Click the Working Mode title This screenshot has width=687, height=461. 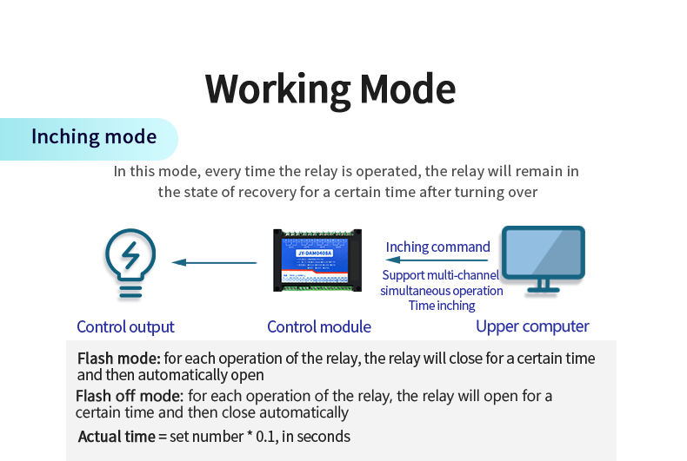point(330,89)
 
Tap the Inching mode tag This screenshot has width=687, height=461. point(94,137)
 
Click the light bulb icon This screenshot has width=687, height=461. point(130,264)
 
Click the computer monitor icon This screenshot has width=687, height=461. point(544,260)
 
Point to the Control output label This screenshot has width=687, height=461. point(125,327)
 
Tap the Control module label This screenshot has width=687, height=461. point(319,327)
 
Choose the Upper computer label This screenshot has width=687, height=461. point(532,327)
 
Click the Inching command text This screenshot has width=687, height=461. point(437,247)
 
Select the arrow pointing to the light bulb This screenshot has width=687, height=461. point(214,262)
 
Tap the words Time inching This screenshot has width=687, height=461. point(442,306)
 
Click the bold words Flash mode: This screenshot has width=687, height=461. point(118,359)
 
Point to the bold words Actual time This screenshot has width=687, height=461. point(116,437)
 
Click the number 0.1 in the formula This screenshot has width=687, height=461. point(262,437)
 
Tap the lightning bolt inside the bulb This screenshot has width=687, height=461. point(130,256)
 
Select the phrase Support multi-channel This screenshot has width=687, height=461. point(441,276)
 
